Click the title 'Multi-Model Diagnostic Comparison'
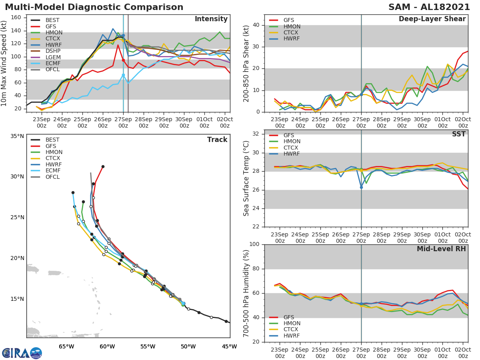(94, 7)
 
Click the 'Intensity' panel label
(211, 19)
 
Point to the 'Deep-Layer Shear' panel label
(432, 19)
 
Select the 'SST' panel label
(459, 134)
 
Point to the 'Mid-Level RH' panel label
(441, 249)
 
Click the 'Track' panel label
(217, 140)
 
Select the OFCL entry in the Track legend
(52, 177)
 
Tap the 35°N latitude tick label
(17, 136)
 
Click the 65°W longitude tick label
(66, 346)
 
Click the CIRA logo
(22, 353)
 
